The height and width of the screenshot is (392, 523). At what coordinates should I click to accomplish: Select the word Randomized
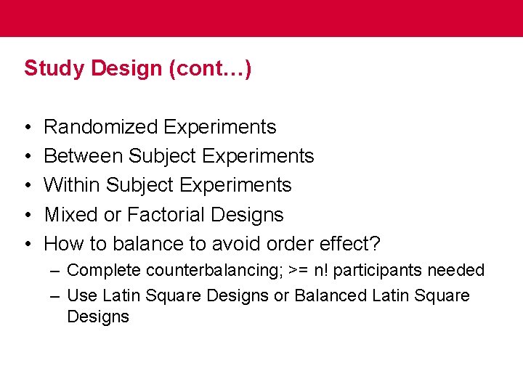click(101, 127)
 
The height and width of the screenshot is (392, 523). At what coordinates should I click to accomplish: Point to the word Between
click(84, 156)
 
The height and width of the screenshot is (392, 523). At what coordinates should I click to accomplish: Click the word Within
click(73, 185)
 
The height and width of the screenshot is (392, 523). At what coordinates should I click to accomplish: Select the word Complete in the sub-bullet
click(104, 271)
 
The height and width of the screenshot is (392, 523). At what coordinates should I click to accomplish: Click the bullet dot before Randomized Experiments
click(27, 128)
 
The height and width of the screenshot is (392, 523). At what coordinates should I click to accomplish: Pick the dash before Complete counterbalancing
click(56, 271)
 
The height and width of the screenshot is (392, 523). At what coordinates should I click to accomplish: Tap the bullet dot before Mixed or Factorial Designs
click(27, 216)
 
